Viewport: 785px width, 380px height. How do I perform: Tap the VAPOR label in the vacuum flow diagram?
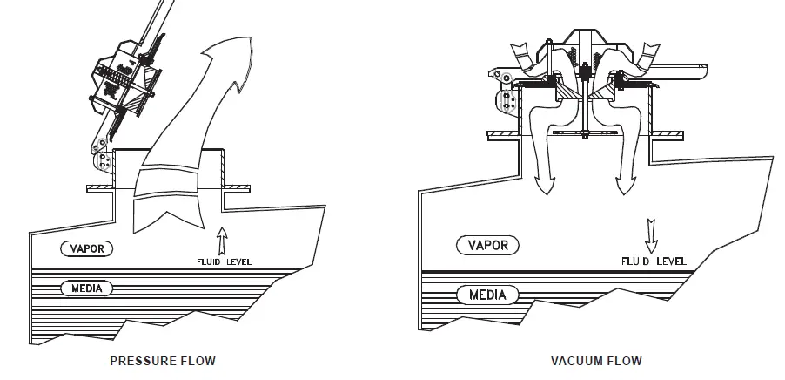[x=487, y=245]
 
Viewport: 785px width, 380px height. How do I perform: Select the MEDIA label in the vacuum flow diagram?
[x=486, y=294]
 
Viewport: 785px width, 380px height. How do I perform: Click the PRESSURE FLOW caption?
[x=163, y=360]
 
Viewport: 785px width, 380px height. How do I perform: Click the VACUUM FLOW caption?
[x=596, y=360]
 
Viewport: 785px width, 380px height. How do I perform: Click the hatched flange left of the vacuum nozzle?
[x=502, y=133]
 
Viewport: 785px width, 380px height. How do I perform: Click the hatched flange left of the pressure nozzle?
[x=101, y=188]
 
